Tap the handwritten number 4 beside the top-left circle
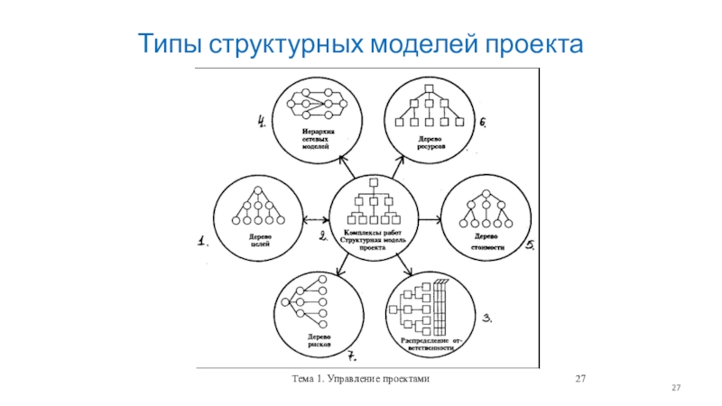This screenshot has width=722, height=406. click(262, 121)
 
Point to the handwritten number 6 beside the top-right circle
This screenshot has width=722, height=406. click(483, 122)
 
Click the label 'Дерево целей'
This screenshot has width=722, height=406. click(260, 241)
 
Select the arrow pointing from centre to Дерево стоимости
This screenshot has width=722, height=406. click(430, 218)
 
